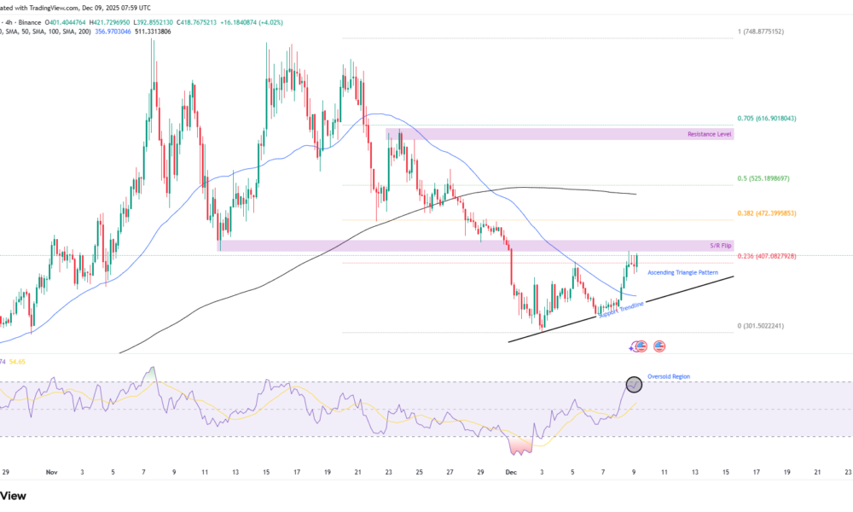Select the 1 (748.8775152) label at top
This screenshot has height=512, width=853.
(772, 32)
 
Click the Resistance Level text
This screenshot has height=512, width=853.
(710, 134)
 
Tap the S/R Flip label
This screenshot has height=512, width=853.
(720, 246)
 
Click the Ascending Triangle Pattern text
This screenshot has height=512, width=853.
(682, 272)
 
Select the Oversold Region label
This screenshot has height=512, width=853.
(669, 376)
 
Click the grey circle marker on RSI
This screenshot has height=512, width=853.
(634, 384)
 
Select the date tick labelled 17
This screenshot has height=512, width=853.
(296, 471)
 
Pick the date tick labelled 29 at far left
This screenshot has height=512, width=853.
(6, 471)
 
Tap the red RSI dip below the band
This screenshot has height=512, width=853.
(519, 445)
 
